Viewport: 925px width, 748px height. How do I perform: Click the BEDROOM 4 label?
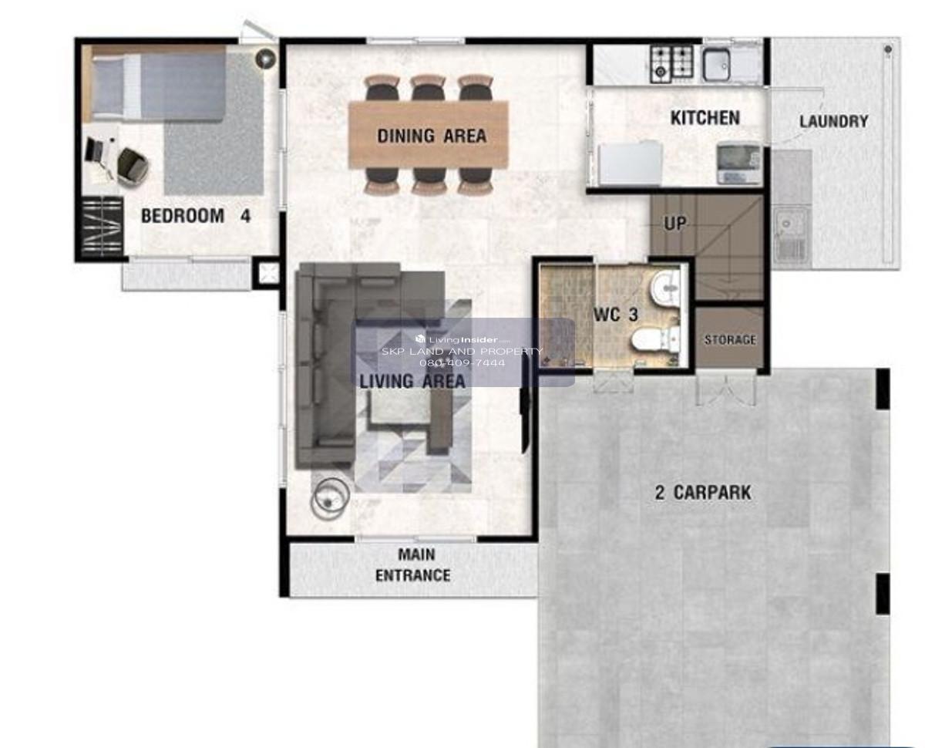pos(196,216)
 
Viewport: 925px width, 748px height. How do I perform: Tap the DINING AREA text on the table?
pos(432,136)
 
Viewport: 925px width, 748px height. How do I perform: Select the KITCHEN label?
pos(705,118)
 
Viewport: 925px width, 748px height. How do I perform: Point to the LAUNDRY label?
pos(834,121)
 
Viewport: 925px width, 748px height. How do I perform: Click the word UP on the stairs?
pos(674,224)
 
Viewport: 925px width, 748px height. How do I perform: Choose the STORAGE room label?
pos(730,339)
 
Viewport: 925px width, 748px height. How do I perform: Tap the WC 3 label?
pos(615,315)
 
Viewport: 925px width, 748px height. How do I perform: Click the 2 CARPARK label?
pos(703,493)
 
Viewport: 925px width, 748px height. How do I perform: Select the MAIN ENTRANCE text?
pos(412,564)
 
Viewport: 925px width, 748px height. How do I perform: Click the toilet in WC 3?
pos(655,339)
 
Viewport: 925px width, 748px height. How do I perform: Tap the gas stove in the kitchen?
pos(671,64)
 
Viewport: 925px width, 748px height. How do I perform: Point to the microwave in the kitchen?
pos(738,163)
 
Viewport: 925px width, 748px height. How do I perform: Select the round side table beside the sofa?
pos(330,498)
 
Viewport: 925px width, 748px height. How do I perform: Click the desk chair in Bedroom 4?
pos(133,167)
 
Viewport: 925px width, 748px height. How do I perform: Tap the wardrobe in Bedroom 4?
pos(103,226)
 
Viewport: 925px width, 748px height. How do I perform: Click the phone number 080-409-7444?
pos(462,362)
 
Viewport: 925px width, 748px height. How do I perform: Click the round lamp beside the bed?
pos(265,58)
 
